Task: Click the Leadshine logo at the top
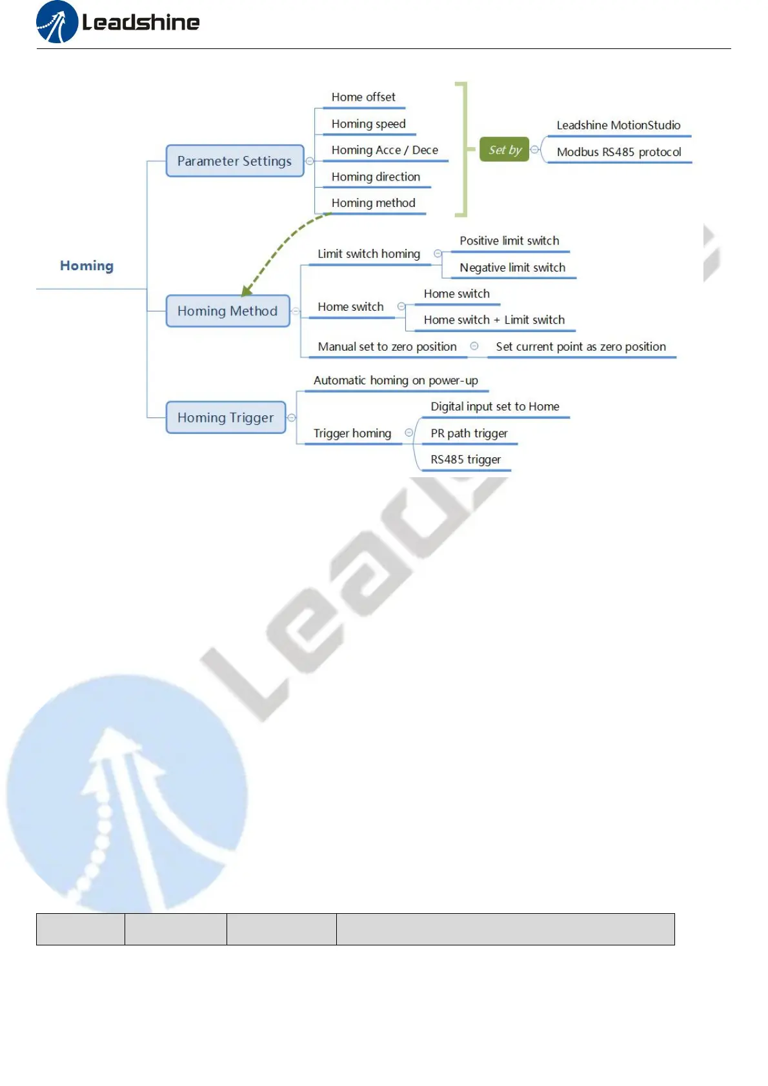(118, 23)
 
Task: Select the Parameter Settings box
(234, 161)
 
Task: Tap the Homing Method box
(227, 311)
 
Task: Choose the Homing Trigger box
(225, 418)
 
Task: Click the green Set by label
(505, 150)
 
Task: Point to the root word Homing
(86, 266)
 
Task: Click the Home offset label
(363, 97)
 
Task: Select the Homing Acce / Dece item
(385, 150)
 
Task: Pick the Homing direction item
(376, 177)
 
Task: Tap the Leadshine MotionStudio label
(618, 125)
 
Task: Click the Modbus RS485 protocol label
(619, 152)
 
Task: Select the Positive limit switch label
(509, 241)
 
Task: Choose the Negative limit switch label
(512, 268)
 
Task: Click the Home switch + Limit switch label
(494, 320)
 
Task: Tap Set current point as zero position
(580, 347)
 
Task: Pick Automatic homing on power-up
(396, 380)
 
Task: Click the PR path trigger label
(469, 433)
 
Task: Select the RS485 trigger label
(465, 460)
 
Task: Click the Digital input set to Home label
(495, 407)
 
